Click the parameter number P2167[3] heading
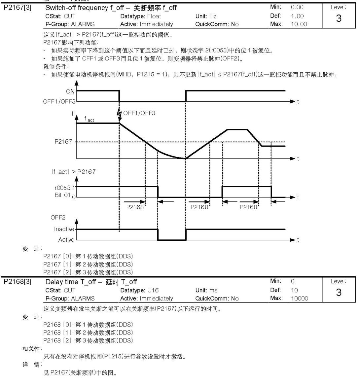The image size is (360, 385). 18,8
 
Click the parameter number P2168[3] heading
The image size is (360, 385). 18,282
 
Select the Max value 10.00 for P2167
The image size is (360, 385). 299,24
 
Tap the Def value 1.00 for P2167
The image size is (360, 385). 297,16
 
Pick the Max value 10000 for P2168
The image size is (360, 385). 300,298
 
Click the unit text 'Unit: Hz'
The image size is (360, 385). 206,16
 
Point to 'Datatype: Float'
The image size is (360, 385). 140,16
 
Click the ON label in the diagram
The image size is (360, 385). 70,91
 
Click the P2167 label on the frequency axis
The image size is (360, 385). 63,142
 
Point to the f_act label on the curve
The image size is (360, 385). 89,119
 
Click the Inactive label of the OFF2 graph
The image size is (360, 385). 64,229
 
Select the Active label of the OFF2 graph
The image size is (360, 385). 66,239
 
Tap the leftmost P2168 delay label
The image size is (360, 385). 135,207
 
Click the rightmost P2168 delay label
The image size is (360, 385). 248,207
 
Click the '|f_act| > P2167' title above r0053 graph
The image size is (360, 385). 73,172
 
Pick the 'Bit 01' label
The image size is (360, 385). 62,195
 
